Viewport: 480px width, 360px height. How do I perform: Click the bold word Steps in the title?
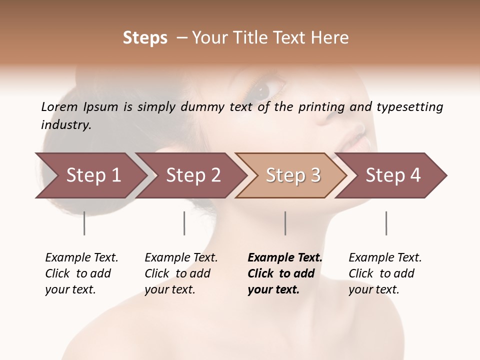145,38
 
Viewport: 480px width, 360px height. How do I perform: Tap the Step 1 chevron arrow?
93,175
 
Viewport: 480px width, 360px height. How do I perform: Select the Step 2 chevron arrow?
193,175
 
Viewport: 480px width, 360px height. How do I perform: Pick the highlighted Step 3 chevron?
293,175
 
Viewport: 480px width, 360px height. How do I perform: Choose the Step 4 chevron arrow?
393,175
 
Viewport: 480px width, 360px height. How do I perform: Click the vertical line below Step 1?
84,223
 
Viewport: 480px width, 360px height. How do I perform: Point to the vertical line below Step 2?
184,223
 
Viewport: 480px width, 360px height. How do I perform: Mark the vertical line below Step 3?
285,223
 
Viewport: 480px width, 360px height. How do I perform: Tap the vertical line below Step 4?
386,223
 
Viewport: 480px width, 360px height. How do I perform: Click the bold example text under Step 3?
284,273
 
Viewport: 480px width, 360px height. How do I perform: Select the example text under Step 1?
81,273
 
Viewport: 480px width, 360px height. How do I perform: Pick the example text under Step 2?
181,273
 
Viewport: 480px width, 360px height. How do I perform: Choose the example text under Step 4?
385,273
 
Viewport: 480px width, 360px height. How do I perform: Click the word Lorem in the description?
59,107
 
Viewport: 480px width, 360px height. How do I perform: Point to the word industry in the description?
65,125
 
